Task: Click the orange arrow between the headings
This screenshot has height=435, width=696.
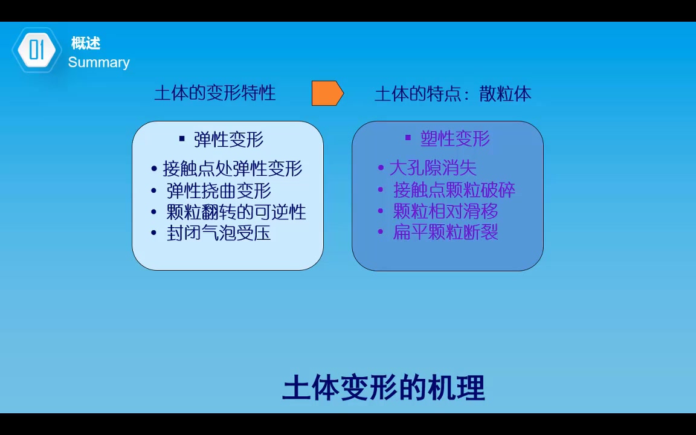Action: (327, 93)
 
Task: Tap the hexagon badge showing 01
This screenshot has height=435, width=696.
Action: (37, 50)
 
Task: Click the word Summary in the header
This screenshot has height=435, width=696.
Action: (98, 62)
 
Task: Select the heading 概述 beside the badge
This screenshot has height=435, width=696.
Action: (85, 43)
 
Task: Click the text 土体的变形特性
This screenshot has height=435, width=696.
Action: (215, 93)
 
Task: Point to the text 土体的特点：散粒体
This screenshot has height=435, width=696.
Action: (453, 94)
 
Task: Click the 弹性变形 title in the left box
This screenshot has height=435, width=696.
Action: (228, 140)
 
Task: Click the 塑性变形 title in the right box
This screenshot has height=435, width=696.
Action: (455, 138)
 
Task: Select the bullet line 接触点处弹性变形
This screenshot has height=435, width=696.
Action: (233, 169)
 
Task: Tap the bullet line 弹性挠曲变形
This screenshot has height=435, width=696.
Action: (219, 190)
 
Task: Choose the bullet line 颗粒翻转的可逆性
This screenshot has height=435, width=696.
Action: (236, 211)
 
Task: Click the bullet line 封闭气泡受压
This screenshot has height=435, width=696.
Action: (219, 233)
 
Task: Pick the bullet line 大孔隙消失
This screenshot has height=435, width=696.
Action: (433, 168)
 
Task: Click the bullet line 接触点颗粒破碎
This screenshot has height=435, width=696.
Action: (454, 190)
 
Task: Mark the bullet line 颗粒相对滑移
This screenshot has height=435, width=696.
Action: (445, 211)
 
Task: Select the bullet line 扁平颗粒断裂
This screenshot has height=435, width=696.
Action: (445, 232)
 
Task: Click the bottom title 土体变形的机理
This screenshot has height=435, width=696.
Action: (384, 388)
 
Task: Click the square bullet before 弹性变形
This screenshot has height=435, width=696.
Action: (182, 139)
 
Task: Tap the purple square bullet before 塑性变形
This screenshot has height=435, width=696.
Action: (408, 138)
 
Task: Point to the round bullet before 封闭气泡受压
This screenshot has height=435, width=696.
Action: (154, 233)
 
